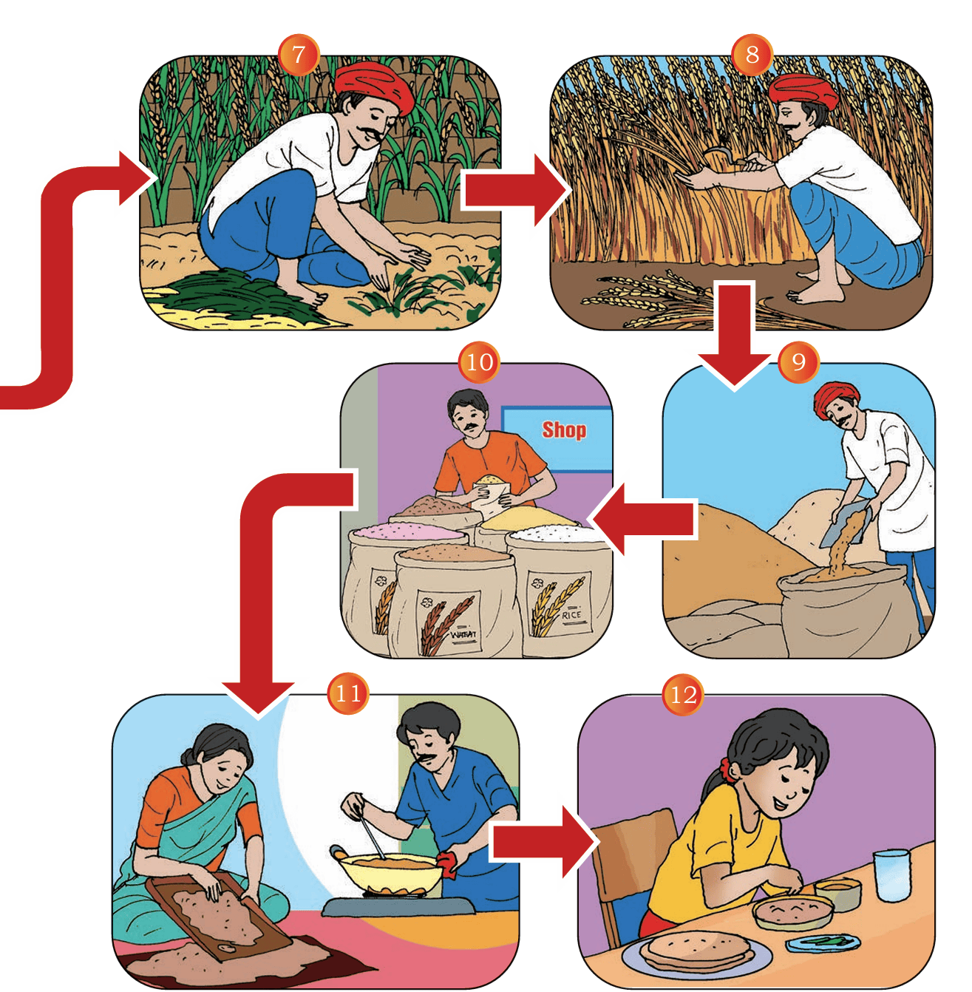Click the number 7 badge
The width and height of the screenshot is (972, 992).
(x=298, y=55)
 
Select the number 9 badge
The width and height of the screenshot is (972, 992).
(x=798, y=362)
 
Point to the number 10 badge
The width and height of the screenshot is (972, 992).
(x=479, y=362)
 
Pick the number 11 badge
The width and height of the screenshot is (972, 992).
(x=348, y=693)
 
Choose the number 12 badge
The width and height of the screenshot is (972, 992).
(x=683, y=695)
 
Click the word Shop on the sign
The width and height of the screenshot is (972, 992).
(x=564, y=430)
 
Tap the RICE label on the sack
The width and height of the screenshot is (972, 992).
(x=571, y=615)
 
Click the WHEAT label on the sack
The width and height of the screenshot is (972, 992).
(x=464, y=634)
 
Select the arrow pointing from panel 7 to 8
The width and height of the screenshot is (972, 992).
(x=515, y=191)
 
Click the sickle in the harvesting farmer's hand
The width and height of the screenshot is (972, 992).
(x=721, y=155)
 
